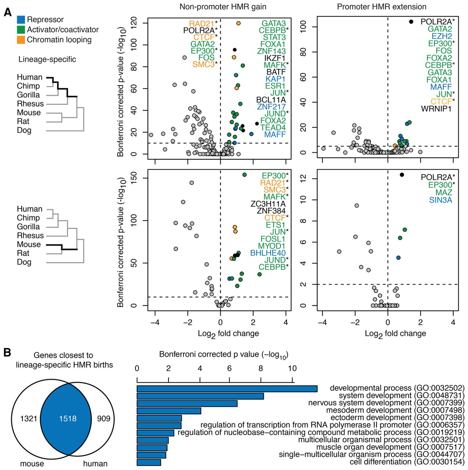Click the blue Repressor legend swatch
(21, 20)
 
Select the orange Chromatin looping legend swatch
(21, 40)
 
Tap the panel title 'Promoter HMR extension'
(382, 7)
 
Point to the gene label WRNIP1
(436, 109)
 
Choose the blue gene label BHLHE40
(268, 253)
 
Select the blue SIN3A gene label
(440, 200)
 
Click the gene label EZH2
(442, 36)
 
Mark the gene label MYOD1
(272, 246)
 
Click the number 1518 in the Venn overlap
(68, 419)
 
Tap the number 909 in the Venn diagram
(104, 419)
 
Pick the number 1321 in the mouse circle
(29, 419)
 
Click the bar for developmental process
(227, 388)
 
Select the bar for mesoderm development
(169, 411)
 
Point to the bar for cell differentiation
(149, 462)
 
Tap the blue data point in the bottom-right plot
(398, 258)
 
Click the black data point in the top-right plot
(411, 22)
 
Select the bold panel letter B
(7, 353)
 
